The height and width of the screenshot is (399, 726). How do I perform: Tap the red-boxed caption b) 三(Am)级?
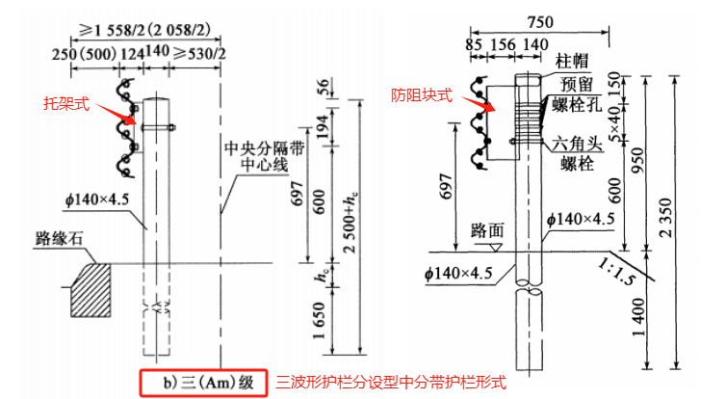[x=199, y=382]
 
